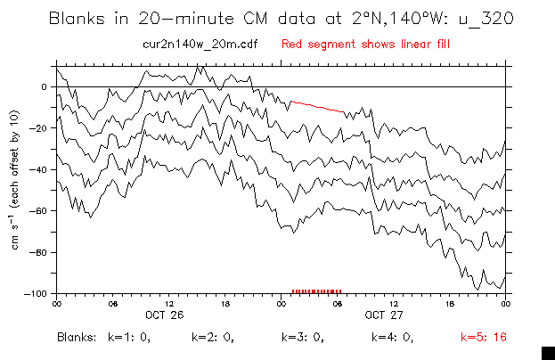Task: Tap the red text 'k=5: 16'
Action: click(484, 338)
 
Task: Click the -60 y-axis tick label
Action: click(38, 211)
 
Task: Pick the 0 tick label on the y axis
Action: click(43, 86)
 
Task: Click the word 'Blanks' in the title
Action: click(78, 18)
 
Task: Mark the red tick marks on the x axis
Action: click(315, 291)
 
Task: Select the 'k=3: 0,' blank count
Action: click(304, 338)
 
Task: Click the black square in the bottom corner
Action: click(548, 352)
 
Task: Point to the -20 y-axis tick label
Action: click(38, 128)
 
